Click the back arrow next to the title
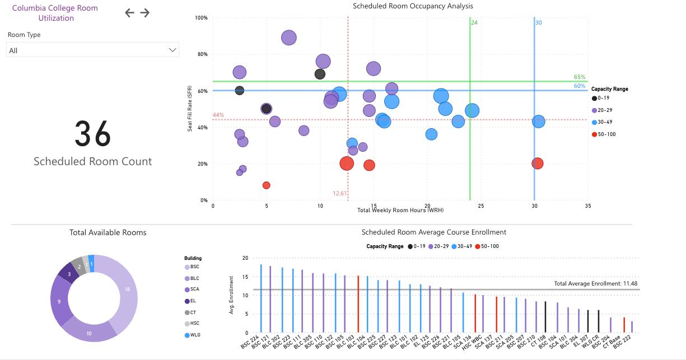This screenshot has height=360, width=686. (x=130, y=13)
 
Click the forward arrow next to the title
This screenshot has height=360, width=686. (x=145, y=13)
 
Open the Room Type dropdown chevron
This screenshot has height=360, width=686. (x=172, y=50)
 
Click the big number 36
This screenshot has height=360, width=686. (x=93, y=134)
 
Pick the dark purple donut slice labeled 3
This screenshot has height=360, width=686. (x=69, y=274)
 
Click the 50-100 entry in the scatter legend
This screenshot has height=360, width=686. (x=606, y=134)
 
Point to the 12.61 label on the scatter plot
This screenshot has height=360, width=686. (x=340, y=194)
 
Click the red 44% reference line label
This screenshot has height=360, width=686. (x=218, y=115)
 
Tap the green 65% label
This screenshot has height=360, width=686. (x=580, y=77)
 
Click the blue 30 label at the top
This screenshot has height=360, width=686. (x=539, y=23)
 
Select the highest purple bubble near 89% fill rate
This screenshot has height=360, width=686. (x=289, y=38)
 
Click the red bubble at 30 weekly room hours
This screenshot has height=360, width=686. (x=538, y=163)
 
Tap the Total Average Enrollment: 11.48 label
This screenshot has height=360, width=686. (x=596, y=284)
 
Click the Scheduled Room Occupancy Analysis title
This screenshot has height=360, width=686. (x=413, y=6)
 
